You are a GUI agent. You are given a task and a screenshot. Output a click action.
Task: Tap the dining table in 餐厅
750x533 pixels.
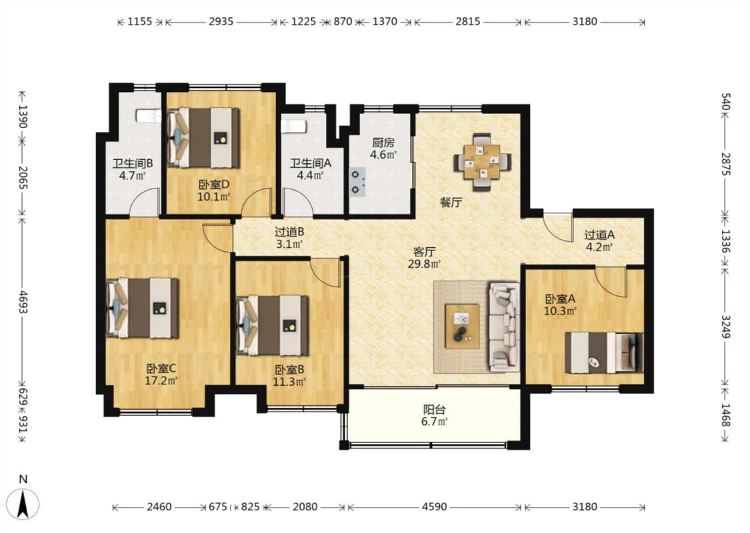coord(483,162)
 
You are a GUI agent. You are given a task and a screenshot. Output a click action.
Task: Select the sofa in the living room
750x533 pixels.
coord(504,327)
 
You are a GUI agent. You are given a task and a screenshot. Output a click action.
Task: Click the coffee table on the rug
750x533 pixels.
coord(462,326)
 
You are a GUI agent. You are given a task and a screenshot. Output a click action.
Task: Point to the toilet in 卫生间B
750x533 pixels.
coord(148,116)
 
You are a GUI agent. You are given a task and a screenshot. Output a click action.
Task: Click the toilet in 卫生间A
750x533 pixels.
coord(293,126)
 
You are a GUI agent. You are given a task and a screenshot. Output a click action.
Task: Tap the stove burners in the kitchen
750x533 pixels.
coord(357,182)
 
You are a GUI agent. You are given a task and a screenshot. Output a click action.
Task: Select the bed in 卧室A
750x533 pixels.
coord(603,352)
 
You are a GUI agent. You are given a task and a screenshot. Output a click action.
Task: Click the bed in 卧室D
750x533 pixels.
coord(203,138)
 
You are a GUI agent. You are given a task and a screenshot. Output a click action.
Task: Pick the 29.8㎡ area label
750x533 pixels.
coord(424,263)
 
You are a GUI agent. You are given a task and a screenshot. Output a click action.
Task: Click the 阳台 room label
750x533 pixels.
coord(434,410)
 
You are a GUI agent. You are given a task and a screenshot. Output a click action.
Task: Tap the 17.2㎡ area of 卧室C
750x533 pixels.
coord(161,380)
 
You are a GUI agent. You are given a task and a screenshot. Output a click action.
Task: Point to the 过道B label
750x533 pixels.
coord(289,233)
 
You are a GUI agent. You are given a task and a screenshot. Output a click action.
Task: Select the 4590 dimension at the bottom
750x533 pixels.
coord(434,506)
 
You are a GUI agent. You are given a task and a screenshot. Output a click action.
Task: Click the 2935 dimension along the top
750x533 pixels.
coord(221,21)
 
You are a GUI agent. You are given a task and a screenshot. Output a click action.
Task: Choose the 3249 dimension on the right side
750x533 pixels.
coord(725,326)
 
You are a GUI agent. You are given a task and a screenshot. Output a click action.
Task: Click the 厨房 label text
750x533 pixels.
coord(383,143)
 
